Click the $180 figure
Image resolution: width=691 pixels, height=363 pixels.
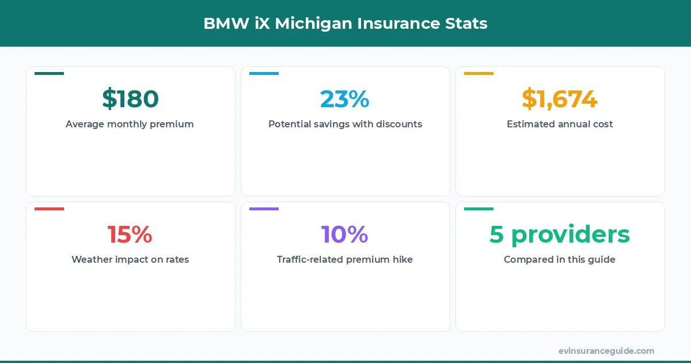tap(130, 99)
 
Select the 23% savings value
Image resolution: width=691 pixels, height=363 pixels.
tap(345, 99)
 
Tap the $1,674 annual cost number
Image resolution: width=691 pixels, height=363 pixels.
tap(560, 99)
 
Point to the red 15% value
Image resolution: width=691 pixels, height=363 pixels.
tap(130, 235)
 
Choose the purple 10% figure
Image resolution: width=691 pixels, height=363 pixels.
tap(345, 235)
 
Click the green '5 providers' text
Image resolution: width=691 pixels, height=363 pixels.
tap(560, 235)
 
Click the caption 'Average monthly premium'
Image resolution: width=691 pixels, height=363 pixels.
tap(130, 124)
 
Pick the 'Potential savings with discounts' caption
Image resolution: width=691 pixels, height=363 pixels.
tap(345, 124)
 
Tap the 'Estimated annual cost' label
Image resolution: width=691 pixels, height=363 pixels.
tap(560, 124)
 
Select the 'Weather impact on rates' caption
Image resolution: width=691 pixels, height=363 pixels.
tap(130, 259)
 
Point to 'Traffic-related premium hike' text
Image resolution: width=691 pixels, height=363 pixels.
tap(345, 259)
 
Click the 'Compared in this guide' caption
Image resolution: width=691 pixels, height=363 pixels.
tap(560, 259)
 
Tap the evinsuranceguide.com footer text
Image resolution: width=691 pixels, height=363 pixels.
tap(606, 350)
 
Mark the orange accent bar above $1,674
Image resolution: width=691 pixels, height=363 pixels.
tap(479, 73)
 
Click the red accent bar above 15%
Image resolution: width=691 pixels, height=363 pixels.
tap(49, 209)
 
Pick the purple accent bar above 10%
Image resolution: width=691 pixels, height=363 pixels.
tap(264, 209)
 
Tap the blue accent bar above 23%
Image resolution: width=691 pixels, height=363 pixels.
tap(264, 73)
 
